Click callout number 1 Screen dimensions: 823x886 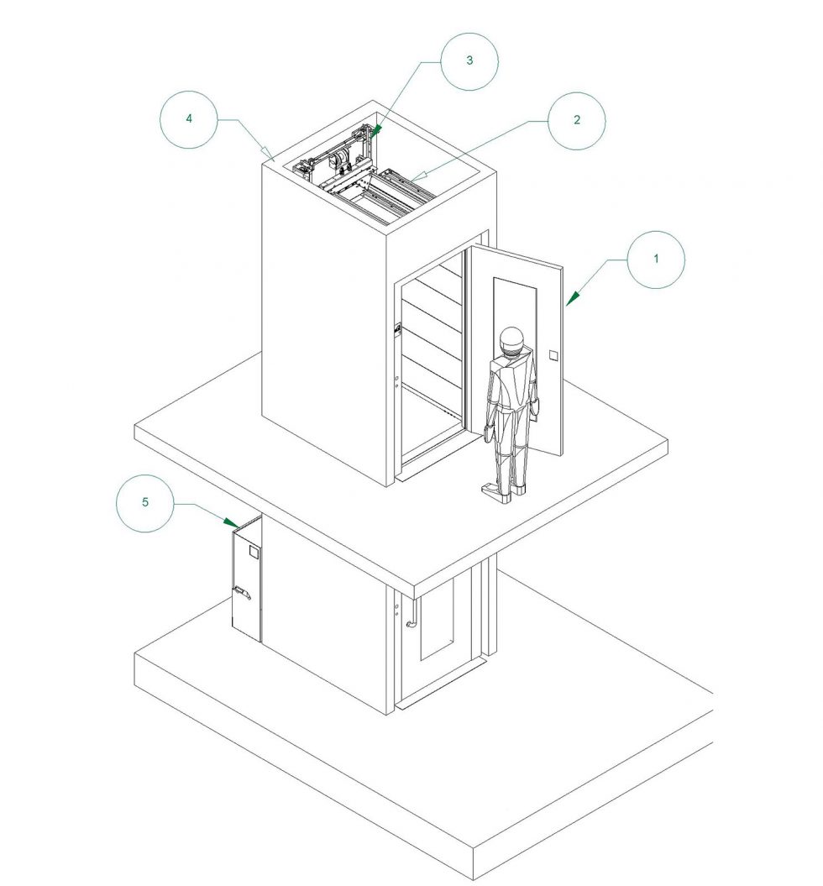coord(656,259)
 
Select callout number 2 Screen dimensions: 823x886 coord(577,120)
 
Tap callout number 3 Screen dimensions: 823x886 coord(469,60)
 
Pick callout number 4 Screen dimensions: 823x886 coord(189,118)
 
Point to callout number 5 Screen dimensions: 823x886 coord(145,502)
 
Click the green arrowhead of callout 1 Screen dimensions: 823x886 coord(573,298)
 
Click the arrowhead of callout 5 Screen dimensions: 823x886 coord(230,522)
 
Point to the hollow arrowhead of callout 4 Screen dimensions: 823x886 coord(266,151)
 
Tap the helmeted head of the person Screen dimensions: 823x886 coord(511,341)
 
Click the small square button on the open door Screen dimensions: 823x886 coord(553,355)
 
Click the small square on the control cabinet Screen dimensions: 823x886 coord(254,552)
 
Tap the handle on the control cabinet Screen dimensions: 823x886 coord(243,591)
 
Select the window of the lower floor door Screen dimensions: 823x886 coord(437,619)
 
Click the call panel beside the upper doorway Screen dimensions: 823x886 coord(397,328)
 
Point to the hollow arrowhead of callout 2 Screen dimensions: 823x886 coord(417,176)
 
